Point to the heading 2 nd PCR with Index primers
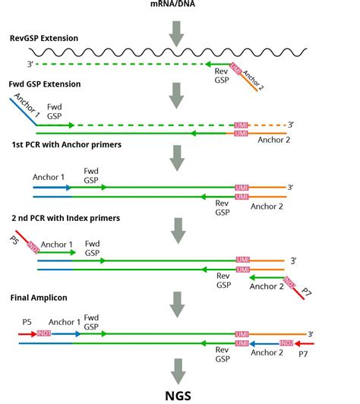point(66,219)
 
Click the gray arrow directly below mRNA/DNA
point(177,30)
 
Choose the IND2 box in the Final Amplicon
point(286,343)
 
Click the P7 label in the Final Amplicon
point(303,353)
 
